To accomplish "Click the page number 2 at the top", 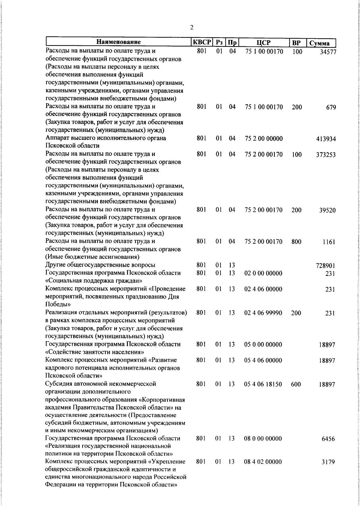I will click(192, 28).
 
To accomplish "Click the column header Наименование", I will click(118, 42).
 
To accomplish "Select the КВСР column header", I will click(202, 42).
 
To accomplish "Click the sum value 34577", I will click(328, 52).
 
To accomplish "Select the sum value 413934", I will click(326, 139).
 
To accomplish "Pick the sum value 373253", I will click(326, 155).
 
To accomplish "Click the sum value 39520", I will click(327, 210).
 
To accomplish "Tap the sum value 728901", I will click(325, 266).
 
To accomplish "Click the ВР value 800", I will click(296, 242).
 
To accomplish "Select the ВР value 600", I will click(296, 384).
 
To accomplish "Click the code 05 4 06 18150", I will click(263, 384).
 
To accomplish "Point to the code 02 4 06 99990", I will click(263, 313).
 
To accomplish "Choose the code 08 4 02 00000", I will click(263, 470).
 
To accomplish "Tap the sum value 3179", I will click(328, 471).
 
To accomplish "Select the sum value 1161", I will click(329, 242).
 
